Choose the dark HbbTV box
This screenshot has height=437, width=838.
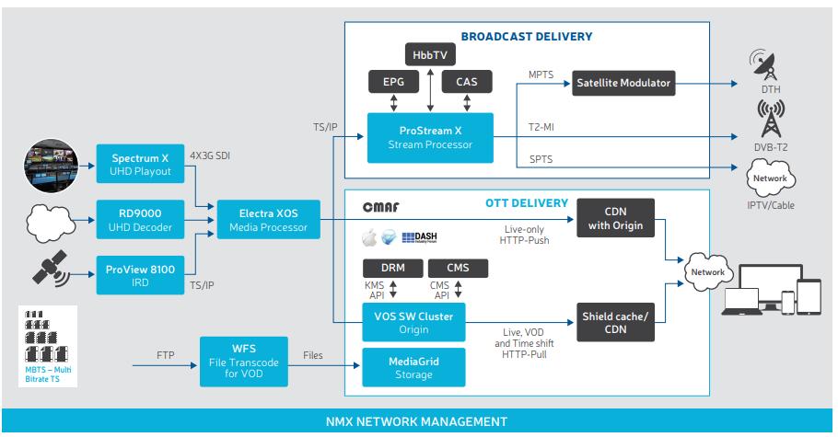tap(425, 54)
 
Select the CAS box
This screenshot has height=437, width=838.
tap(466, 84)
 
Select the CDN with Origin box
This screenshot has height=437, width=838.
tap(616, 219)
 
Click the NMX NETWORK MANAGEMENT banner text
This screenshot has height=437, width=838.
tap(419, 422)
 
